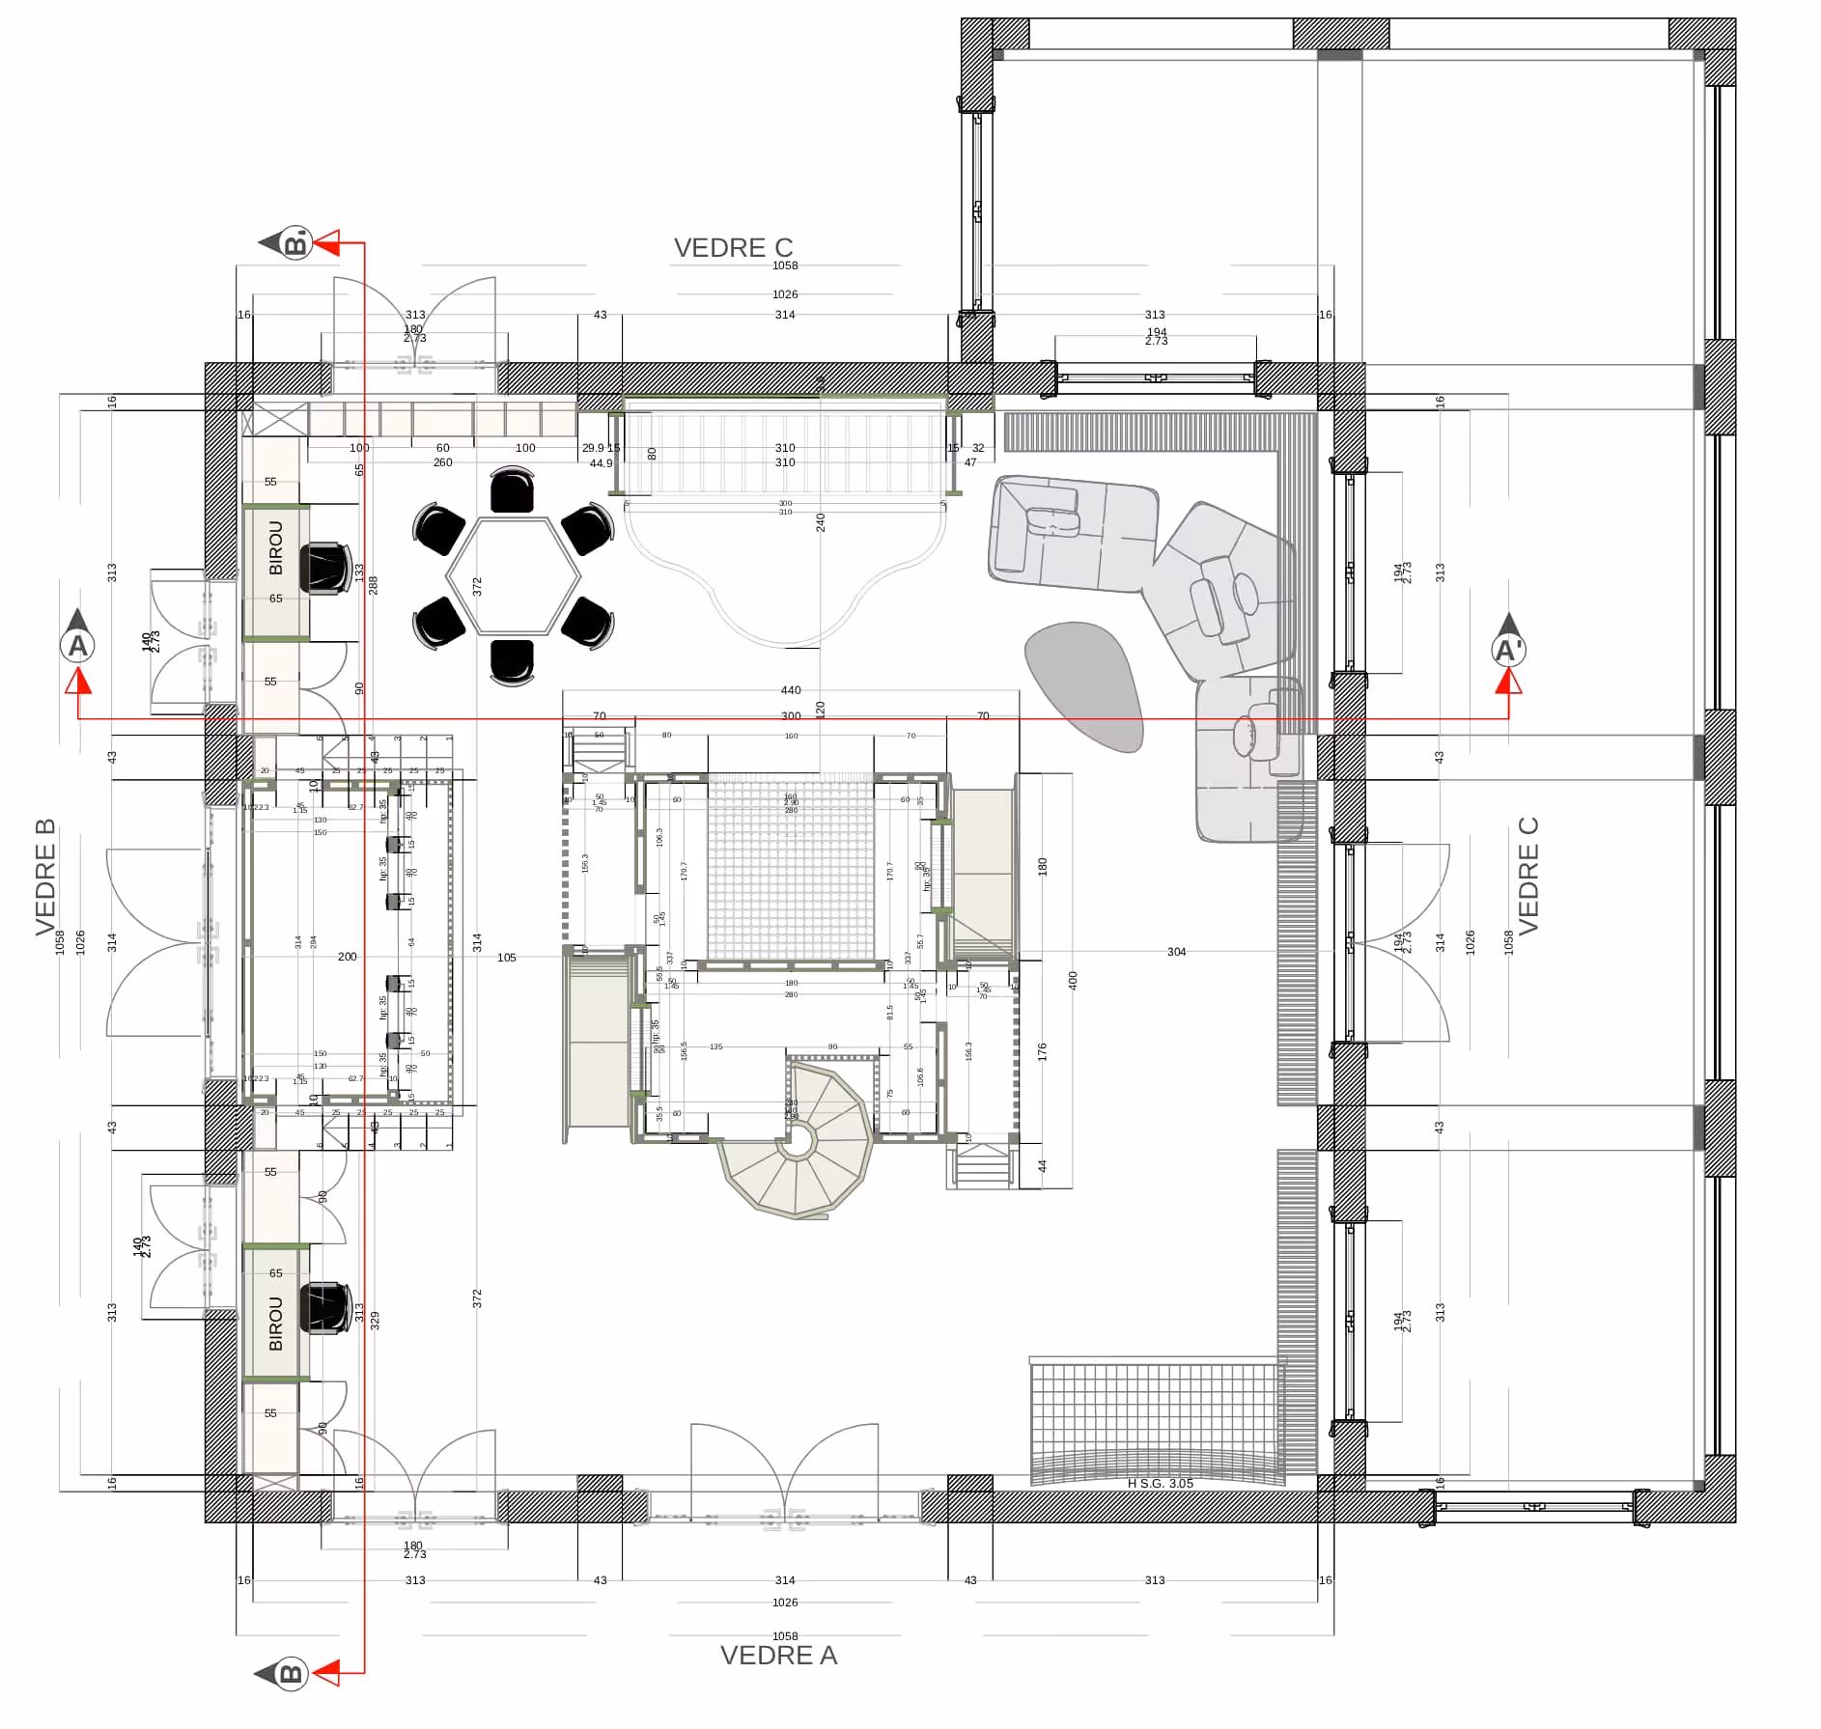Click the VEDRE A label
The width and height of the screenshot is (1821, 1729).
(778, 1655)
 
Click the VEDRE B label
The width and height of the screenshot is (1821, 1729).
(45, 877)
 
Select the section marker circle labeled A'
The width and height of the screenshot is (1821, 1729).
(1508, 651)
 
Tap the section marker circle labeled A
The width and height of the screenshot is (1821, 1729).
(77, 646)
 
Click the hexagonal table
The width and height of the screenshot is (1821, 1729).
(513, 576)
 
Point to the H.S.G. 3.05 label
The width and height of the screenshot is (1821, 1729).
(1160, 1483)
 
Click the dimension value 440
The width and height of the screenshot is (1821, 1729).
(790, 690)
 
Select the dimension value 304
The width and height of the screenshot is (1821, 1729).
(1175, 952)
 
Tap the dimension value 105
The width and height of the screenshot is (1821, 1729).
(506, 958)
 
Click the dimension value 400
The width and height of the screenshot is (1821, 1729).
(1072, 980)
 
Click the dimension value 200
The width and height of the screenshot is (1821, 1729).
(347, 957)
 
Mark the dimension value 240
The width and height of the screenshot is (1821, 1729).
(821, 522)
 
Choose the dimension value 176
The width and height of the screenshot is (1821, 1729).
(1042, 1051)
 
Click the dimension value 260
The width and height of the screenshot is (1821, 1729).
(442, 462)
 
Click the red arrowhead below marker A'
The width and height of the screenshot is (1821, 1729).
(1508, 682)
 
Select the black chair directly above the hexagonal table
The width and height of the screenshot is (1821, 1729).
(512, 490)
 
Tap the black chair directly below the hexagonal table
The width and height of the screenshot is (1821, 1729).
(512, 661)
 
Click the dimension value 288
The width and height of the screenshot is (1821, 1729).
(373, 585)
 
